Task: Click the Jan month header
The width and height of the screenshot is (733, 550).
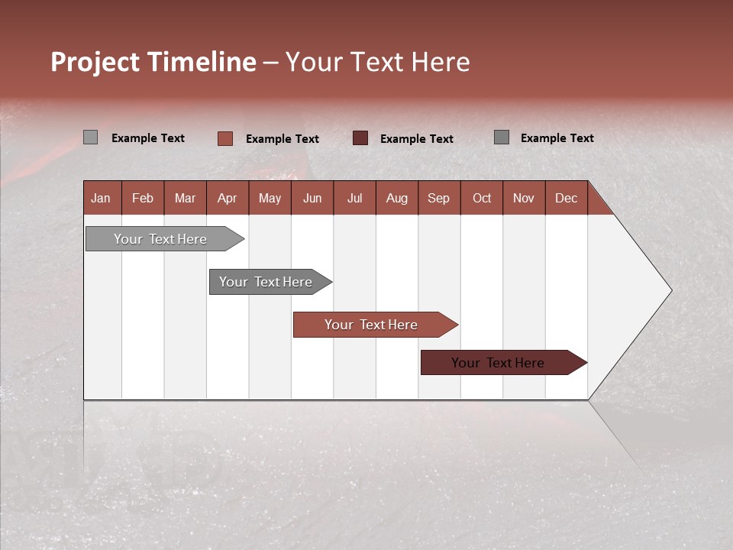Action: [101, 198]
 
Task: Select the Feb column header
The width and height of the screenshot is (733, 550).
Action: [143, 198]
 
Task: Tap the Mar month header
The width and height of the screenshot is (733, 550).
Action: [185, 198]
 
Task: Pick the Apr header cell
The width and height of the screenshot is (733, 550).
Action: [227, 198]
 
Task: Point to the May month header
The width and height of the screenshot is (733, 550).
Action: [270, 198]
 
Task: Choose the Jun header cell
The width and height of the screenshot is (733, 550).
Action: [312, 198]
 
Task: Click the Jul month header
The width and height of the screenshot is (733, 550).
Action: [354, 198]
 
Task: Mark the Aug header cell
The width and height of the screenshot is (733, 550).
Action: [396, 198]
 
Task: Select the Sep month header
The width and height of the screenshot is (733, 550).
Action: [438, 198]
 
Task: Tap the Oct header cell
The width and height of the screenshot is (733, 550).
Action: [482, 198]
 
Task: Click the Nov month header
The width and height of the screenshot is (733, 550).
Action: [523, 198]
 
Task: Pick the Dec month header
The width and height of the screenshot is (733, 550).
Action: [566, 198]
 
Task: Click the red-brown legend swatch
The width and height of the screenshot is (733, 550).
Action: [225, 138]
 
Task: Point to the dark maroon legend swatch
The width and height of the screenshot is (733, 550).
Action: [360, 137]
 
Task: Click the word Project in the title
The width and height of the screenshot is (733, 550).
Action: [96, 62]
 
